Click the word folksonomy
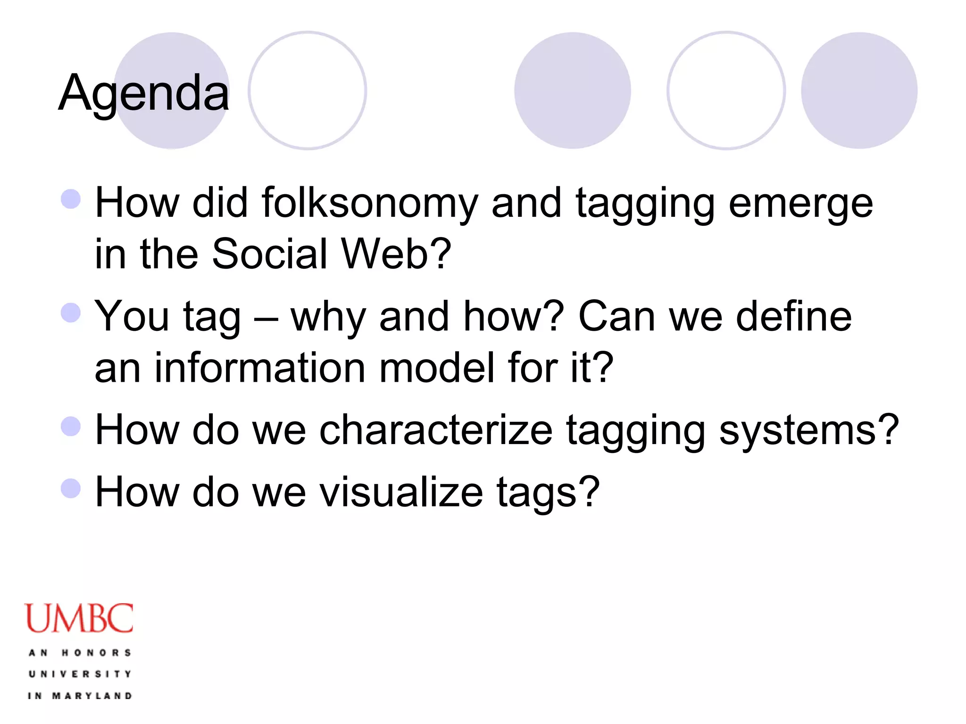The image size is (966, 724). coord(370,204)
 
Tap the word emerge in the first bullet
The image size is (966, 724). coord(800,204)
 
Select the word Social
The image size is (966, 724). coord(270,254)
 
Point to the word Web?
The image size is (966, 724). coord(396,254)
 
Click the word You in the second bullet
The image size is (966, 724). coord(132,317)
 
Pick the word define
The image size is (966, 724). coord(794,317)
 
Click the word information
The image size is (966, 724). coord(260,368)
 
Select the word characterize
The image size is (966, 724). coord(436,430)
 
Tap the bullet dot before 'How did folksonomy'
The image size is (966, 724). coord(71,199)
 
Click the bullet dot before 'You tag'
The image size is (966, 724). coord(71,313)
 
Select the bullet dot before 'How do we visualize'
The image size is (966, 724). coord(71,488)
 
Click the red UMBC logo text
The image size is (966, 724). coord(79,618)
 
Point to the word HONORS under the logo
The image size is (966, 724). coord(97,653)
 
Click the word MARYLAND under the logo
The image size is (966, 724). coord(92,696)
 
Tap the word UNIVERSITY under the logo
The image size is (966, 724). coord(80,674)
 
